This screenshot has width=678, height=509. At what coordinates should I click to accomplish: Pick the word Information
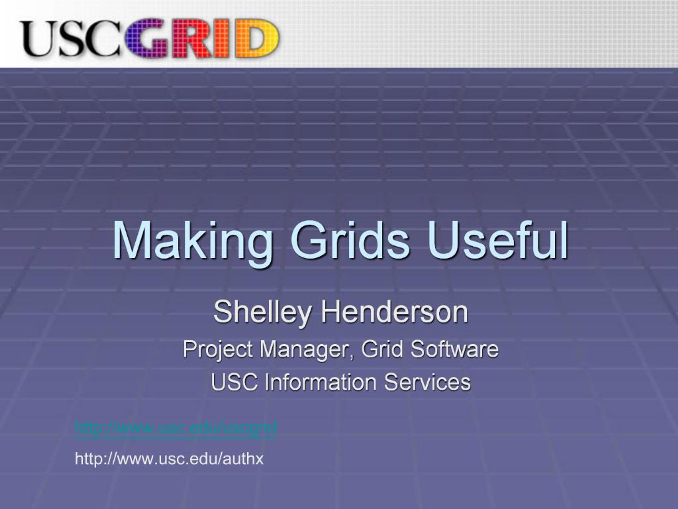click(320, 382)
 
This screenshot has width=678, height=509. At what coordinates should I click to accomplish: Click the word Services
click(427, 382)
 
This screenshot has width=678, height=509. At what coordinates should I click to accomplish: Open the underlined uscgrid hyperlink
click(176, 427)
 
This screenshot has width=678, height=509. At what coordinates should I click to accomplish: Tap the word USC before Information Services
click(234, 382)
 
